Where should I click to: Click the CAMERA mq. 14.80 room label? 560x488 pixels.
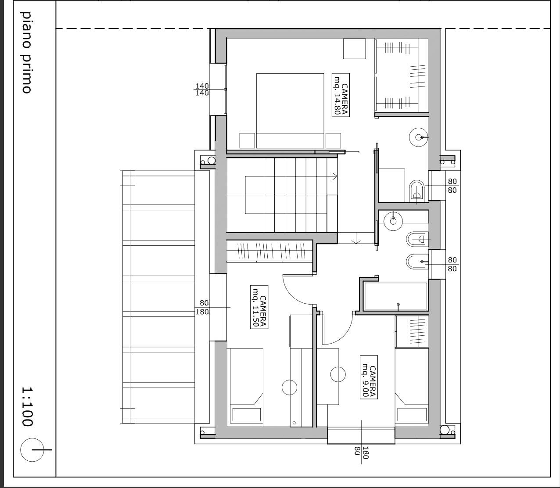[x=341, y=95]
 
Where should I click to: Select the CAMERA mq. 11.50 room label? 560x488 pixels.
[x=258, y=307]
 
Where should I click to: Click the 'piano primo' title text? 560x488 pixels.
[x=26, y=53]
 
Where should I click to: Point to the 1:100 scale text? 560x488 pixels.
[x=27, y=406]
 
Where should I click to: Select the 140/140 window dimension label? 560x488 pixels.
[x=202, y=90]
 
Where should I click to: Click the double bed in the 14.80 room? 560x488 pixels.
[x=290, y=111]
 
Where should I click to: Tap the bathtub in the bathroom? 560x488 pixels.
[x=395, y=296]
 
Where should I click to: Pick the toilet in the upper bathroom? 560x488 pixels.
[x=416, y=190]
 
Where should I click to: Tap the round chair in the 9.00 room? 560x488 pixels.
[x=338, y=374]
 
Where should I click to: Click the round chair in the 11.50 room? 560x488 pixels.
[x=289, y=387]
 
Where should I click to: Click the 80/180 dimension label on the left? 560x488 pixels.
[x=203, y=307]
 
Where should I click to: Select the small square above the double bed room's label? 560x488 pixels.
[x=355, y=49]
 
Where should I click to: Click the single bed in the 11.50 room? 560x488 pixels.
[x=247, y=386]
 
